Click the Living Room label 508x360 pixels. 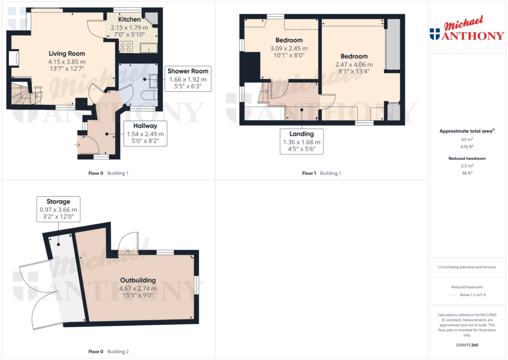(x=66, y=54)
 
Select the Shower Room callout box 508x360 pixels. (x=188, y=79)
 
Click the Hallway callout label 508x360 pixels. (x=145, y=134)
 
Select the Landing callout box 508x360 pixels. (x=302, y=142)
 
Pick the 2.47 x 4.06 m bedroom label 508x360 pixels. (x=354, y=64)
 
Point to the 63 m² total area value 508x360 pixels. (x=466, y=140)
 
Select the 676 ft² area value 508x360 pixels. (x=466, y=146)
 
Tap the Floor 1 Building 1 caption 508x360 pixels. (x=321, y=173)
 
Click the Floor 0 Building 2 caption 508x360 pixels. (x=108, y=352)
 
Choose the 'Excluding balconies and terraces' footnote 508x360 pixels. (x=467, y=267)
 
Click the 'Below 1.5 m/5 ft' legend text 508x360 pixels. (x=473, y=295)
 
